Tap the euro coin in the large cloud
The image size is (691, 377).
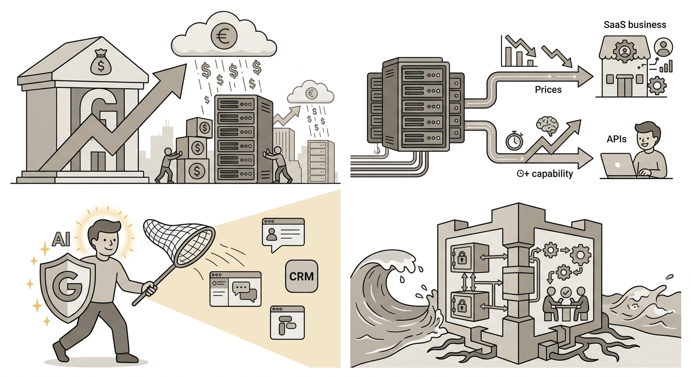pos(224,36)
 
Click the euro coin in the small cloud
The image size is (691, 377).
pos(311,93)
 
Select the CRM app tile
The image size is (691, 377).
pos(301,276)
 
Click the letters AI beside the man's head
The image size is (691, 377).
pos(61,240)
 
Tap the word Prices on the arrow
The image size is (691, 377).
pos(548,90)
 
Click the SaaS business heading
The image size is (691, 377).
pos(635,25)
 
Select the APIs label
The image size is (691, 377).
pos(616,139)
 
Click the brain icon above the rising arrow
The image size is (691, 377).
pos(548,126)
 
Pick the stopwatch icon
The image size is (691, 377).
pos(514,140)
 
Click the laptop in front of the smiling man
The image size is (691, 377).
pos(618,165)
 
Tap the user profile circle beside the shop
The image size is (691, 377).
pos(663,47)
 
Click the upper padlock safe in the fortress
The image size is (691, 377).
pos(469,258)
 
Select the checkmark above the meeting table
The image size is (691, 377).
pos(565,292)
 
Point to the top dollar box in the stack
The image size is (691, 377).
pos(200,128)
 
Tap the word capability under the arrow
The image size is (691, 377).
pos(552,174)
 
